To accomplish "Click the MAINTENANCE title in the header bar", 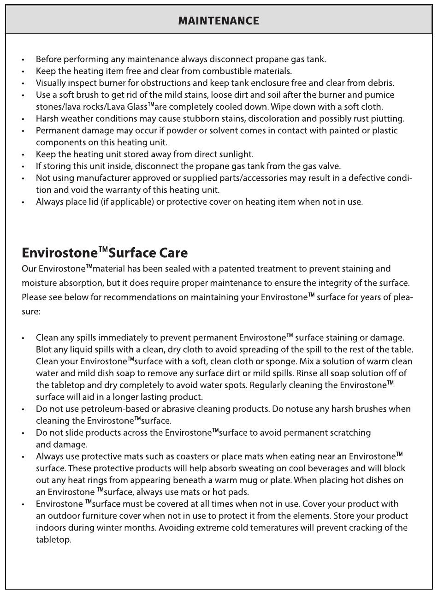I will (219, 21).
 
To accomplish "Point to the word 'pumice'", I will (380, 95).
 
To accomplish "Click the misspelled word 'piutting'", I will (388, 118).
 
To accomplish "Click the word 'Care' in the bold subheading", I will (173, 253).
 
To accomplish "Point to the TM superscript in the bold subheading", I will (103, 250).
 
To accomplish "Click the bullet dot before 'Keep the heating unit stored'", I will (23, 155).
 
